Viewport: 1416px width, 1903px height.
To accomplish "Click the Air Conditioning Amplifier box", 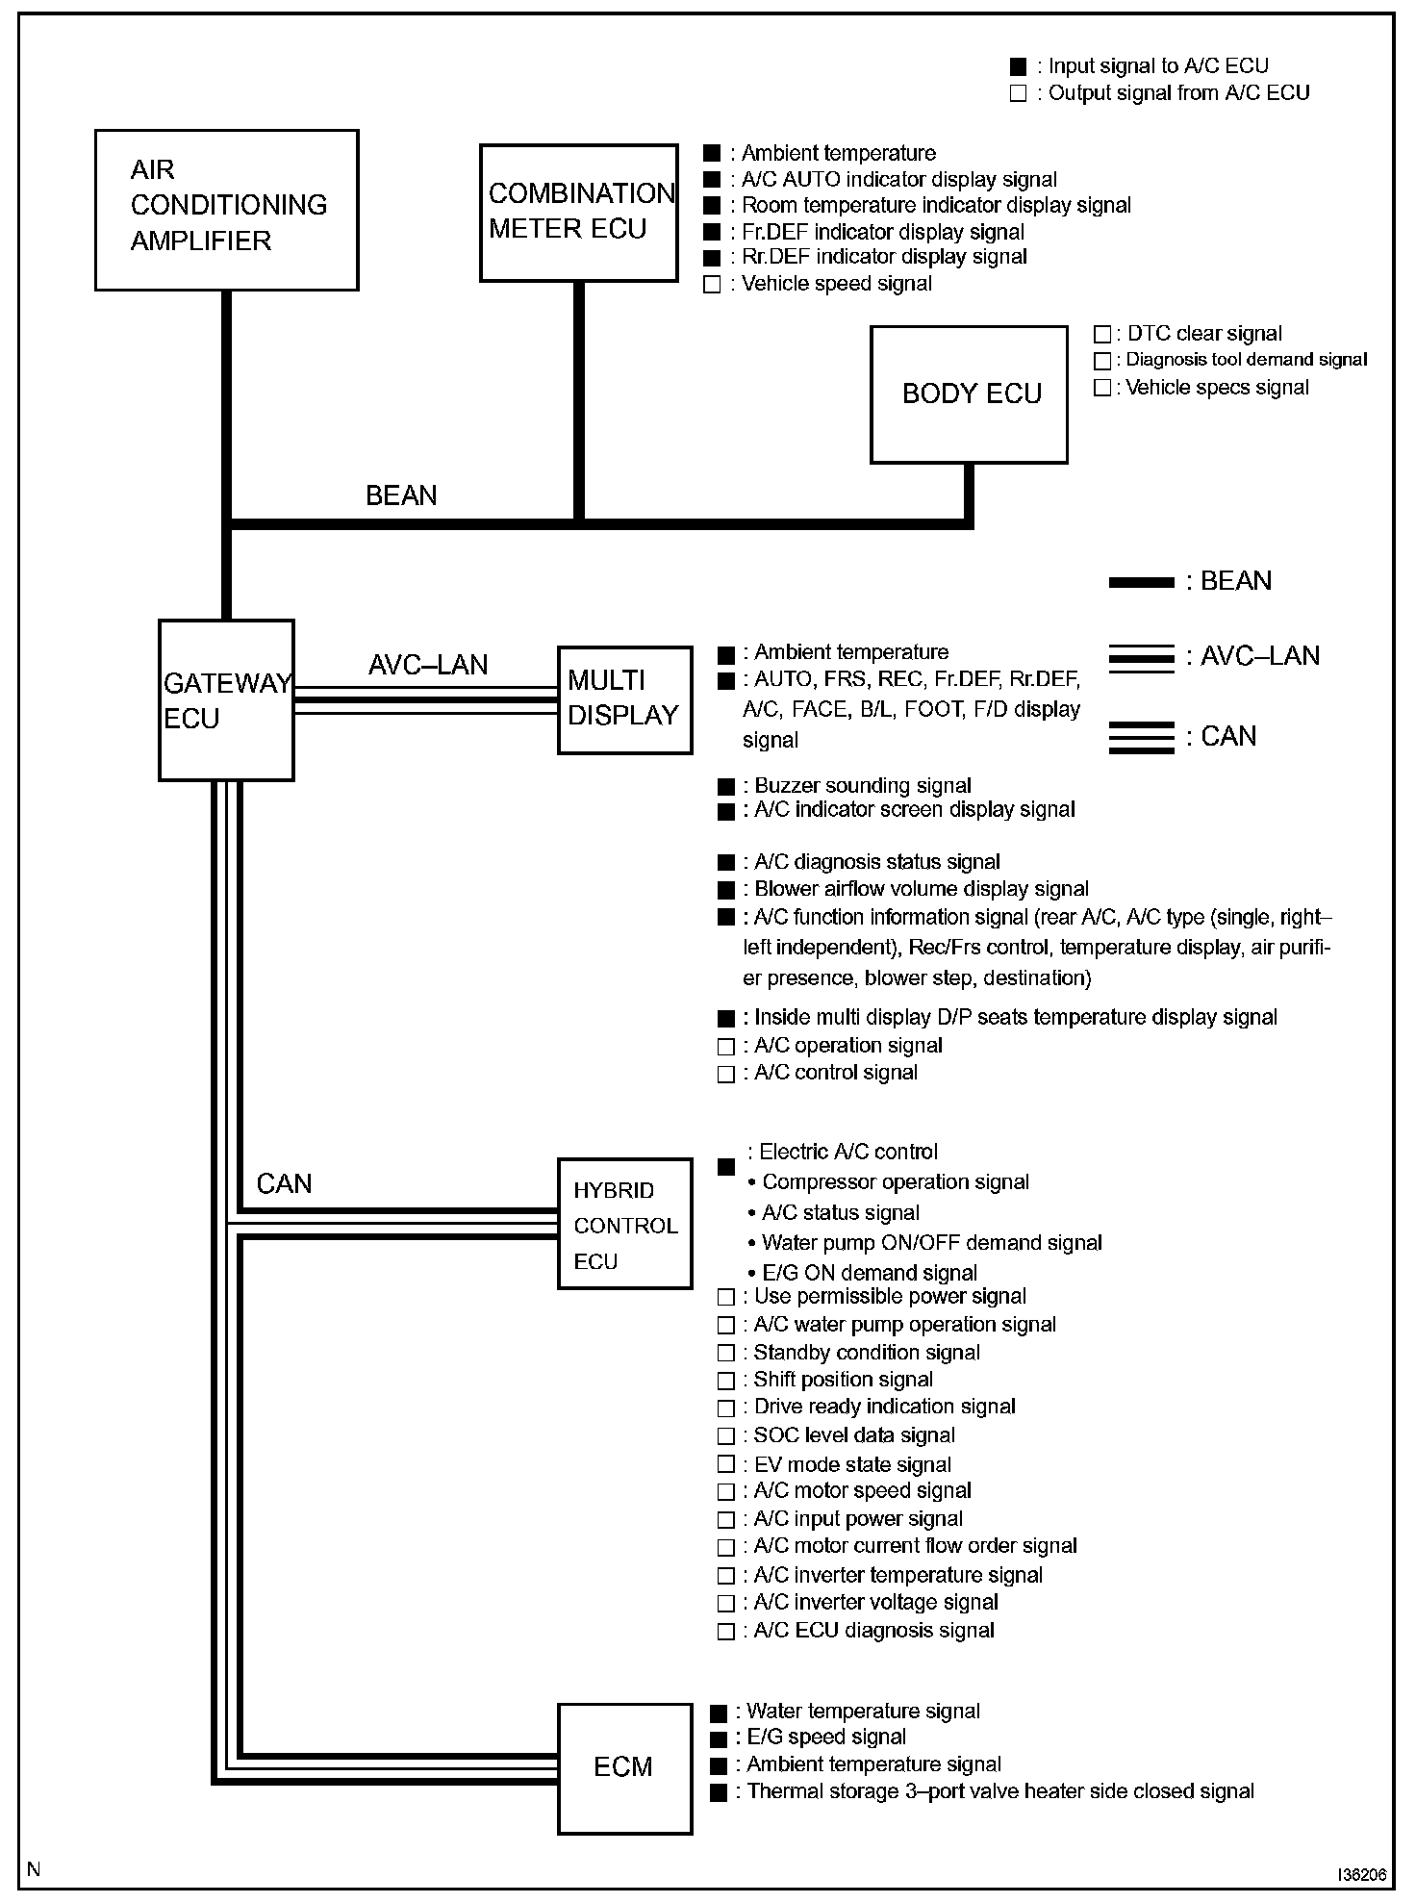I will [x=226, y=210].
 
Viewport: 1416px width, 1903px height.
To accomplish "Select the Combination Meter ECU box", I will [x=578, y=213].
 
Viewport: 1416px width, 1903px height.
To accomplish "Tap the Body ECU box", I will [x=969, y=394].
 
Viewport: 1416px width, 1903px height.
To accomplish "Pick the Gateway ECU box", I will [x=226, y=700].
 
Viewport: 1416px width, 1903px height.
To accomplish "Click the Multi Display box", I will [x=624, y=699].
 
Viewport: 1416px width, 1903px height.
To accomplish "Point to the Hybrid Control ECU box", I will [x=624, y=1224].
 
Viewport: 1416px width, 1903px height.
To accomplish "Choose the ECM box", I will [x=624, y=1767].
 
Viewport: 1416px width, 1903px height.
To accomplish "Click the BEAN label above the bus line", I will [x=401, y=495].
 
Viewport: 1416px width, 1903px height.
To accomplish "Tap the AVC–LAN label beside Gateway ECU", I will [x=428, y=665].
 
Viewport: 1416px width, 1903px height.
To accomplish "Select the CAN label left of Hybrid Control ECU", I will [x=284, y=1183].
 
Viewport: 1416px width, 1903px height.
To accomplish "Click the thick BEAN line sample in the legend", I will [x=1141, y=582].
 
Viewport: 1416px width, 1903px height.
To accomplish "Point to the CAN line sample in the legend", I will [x=1141, y=737].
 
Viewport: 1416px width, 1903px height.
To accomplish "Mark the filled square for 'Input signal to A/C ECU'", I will [x=1018, y=66].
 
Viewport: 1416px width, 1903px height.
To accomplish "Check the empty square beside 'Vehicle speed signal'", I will [x=712, y=285].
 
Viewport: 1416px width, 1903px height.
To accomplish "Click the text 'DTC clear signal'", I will [x=1204, y=334].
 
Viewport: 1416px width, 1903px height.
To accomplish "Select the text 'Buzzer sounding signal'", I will [x=862, y=786].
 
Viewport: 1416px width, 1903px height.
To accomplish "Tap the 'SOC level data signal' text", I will [x=854, y=1435].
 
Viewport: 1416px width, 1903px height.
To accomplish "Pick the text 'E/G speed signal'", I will [x=826, y=1738].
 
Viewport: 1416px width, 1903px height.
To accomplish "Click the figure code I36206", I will [x=1360, y=1875].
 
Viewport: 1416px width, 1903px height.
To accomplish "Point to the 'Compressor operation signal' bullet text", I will [x=895, y=1182].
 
